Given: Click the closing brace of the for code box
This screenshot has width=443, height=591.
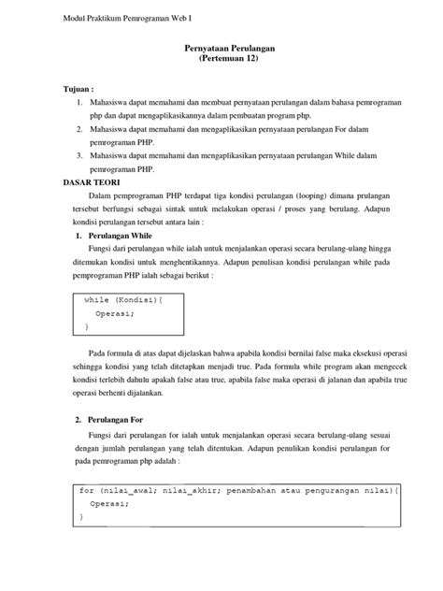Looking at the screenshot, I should (82, 516).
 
